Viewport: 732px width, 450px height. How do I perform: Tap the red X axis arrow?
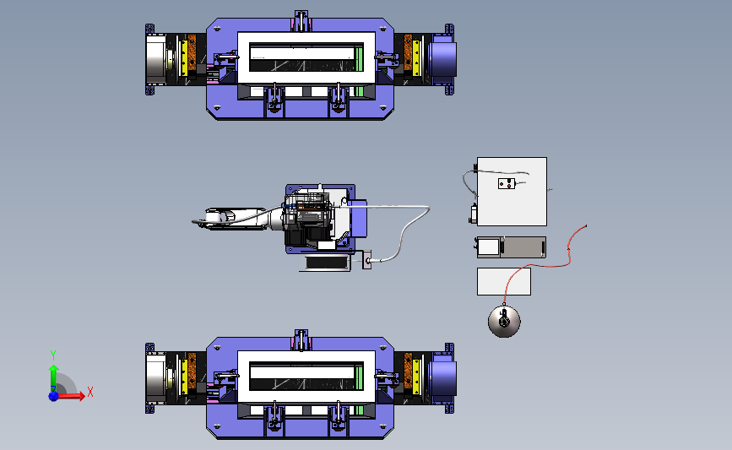[70, 396]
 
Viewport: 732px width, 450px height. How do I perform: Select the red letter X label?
[90, 392]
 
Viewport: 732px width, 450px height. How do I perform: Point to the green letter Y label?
[53, 355]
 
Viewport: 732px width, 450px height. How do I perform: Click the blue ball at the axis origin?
[53, 396]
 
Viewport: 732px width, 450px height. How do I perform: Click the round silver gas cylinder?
[504, 321]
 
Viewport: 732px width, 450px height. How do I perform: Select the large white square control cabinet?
[512, 192]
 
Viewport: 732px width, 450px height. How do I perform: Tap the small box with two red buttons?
[507, 184]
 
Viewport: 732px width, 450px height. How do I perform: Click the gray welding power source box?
[511, 247]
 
